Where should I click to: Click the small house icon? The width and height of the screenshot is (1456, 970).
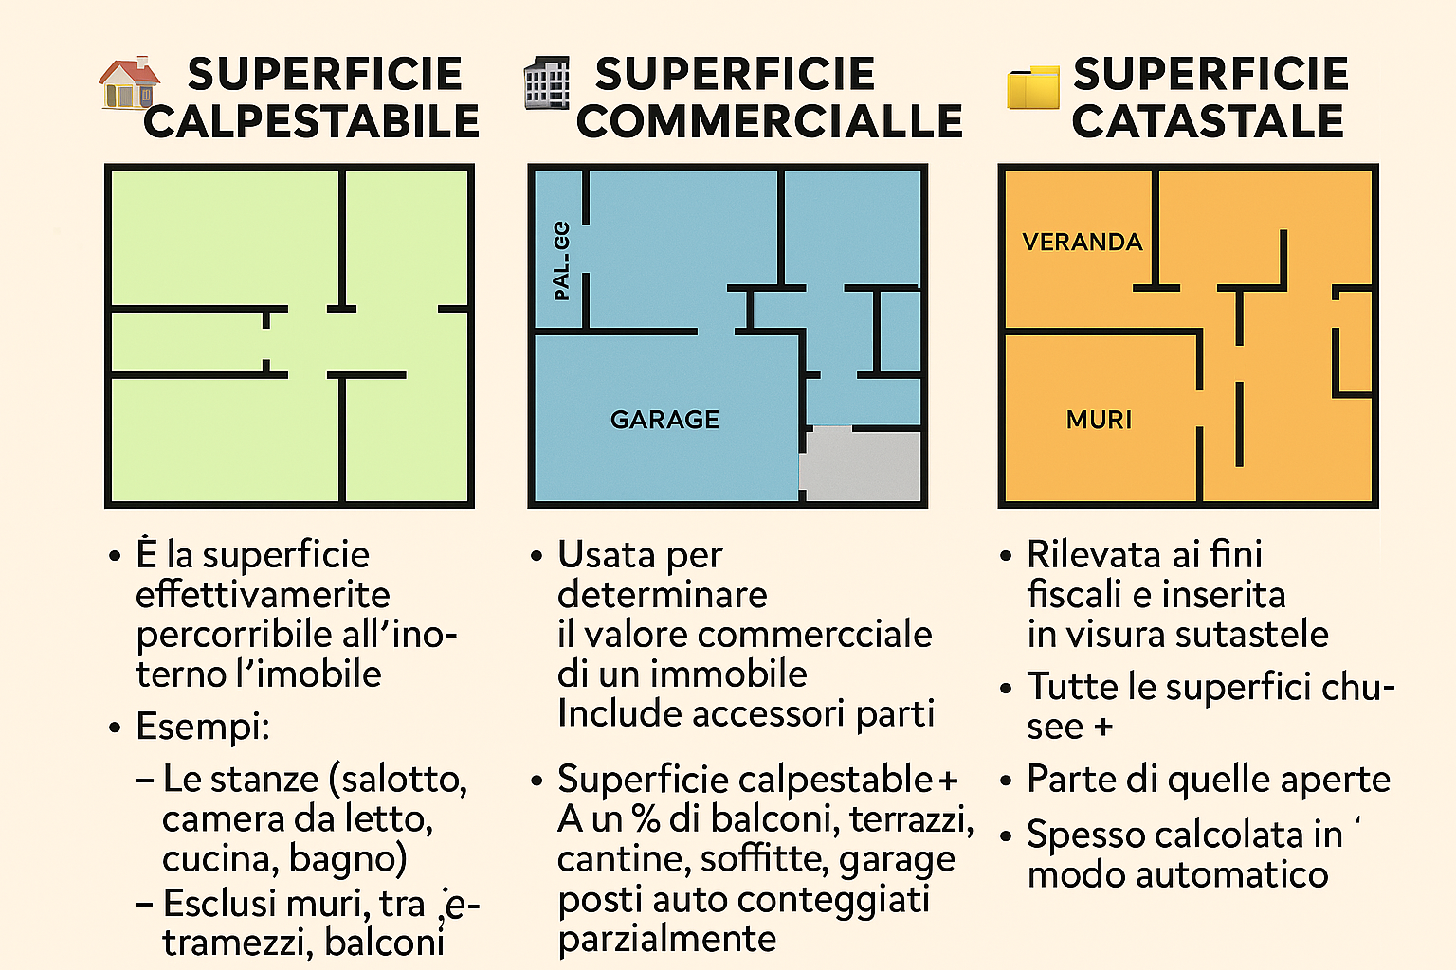click(129, 83)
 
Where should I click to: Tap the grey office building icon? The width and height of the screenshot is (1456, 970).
click(547, 83)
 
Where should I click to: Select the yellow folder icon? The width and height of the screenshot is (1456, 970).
click(1033, 88)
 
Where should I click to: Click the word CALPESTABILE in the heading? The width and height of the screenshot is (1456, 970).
click(312, 122)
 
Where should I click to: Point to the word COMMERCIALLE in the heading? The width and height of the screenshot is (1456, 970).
click(770, 122)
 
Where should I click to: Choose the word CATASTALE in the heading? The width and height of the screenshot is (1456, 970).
click(1209, 122)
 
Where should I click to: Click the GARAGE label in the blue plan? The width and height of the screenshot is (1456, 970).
click(664, 420)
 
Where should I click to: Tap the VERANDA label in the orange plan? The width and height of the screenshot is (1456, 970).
click(1083, 242)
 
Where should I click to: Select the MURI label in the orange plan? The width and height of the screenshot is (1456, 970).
click(1099, 420)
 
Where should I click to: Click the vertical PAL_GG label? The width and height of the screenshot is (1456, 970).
click(561, 261)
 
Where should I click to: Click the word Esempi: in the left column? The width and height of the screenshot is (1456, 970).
click(203, 727)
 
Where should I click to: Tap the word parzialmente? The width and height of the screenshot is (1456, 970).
click(666, 939)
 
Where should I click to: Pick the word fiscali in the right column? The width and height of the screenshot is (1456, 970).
click(1074, 595)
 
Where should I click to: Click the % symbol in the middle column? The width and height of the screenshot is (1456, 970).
click(645, 818)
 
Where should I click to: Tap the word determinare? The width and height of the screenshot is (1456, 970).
click(663, 595)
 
